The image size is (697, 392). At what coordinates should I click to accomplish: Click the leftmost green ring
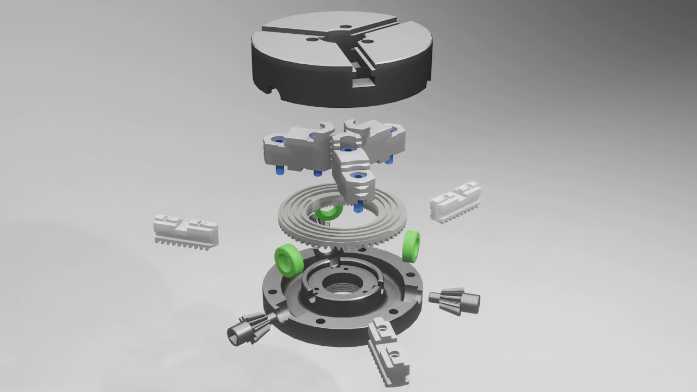click(287, 260)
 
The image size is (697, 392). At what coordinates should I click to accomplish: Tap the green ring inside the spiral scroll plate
click(329, 212)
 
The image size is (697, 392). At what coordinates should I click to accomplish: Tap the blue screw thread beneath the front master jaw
click(358, 207)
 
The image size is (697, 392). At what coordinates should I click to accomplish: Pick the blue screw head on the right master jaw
click(393, 130)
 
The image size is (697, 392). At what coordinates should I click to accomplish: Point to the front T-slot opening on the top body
click(364, 82)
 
